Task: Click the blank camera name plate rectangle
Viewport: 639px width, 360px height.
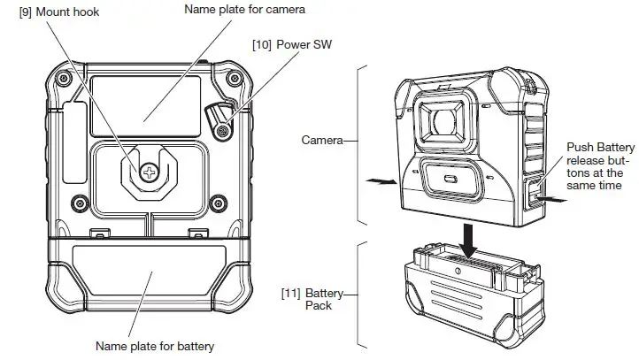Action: coord(147,103)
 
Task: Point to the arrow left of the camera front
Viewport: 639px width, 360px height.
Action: coord(381,180)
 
